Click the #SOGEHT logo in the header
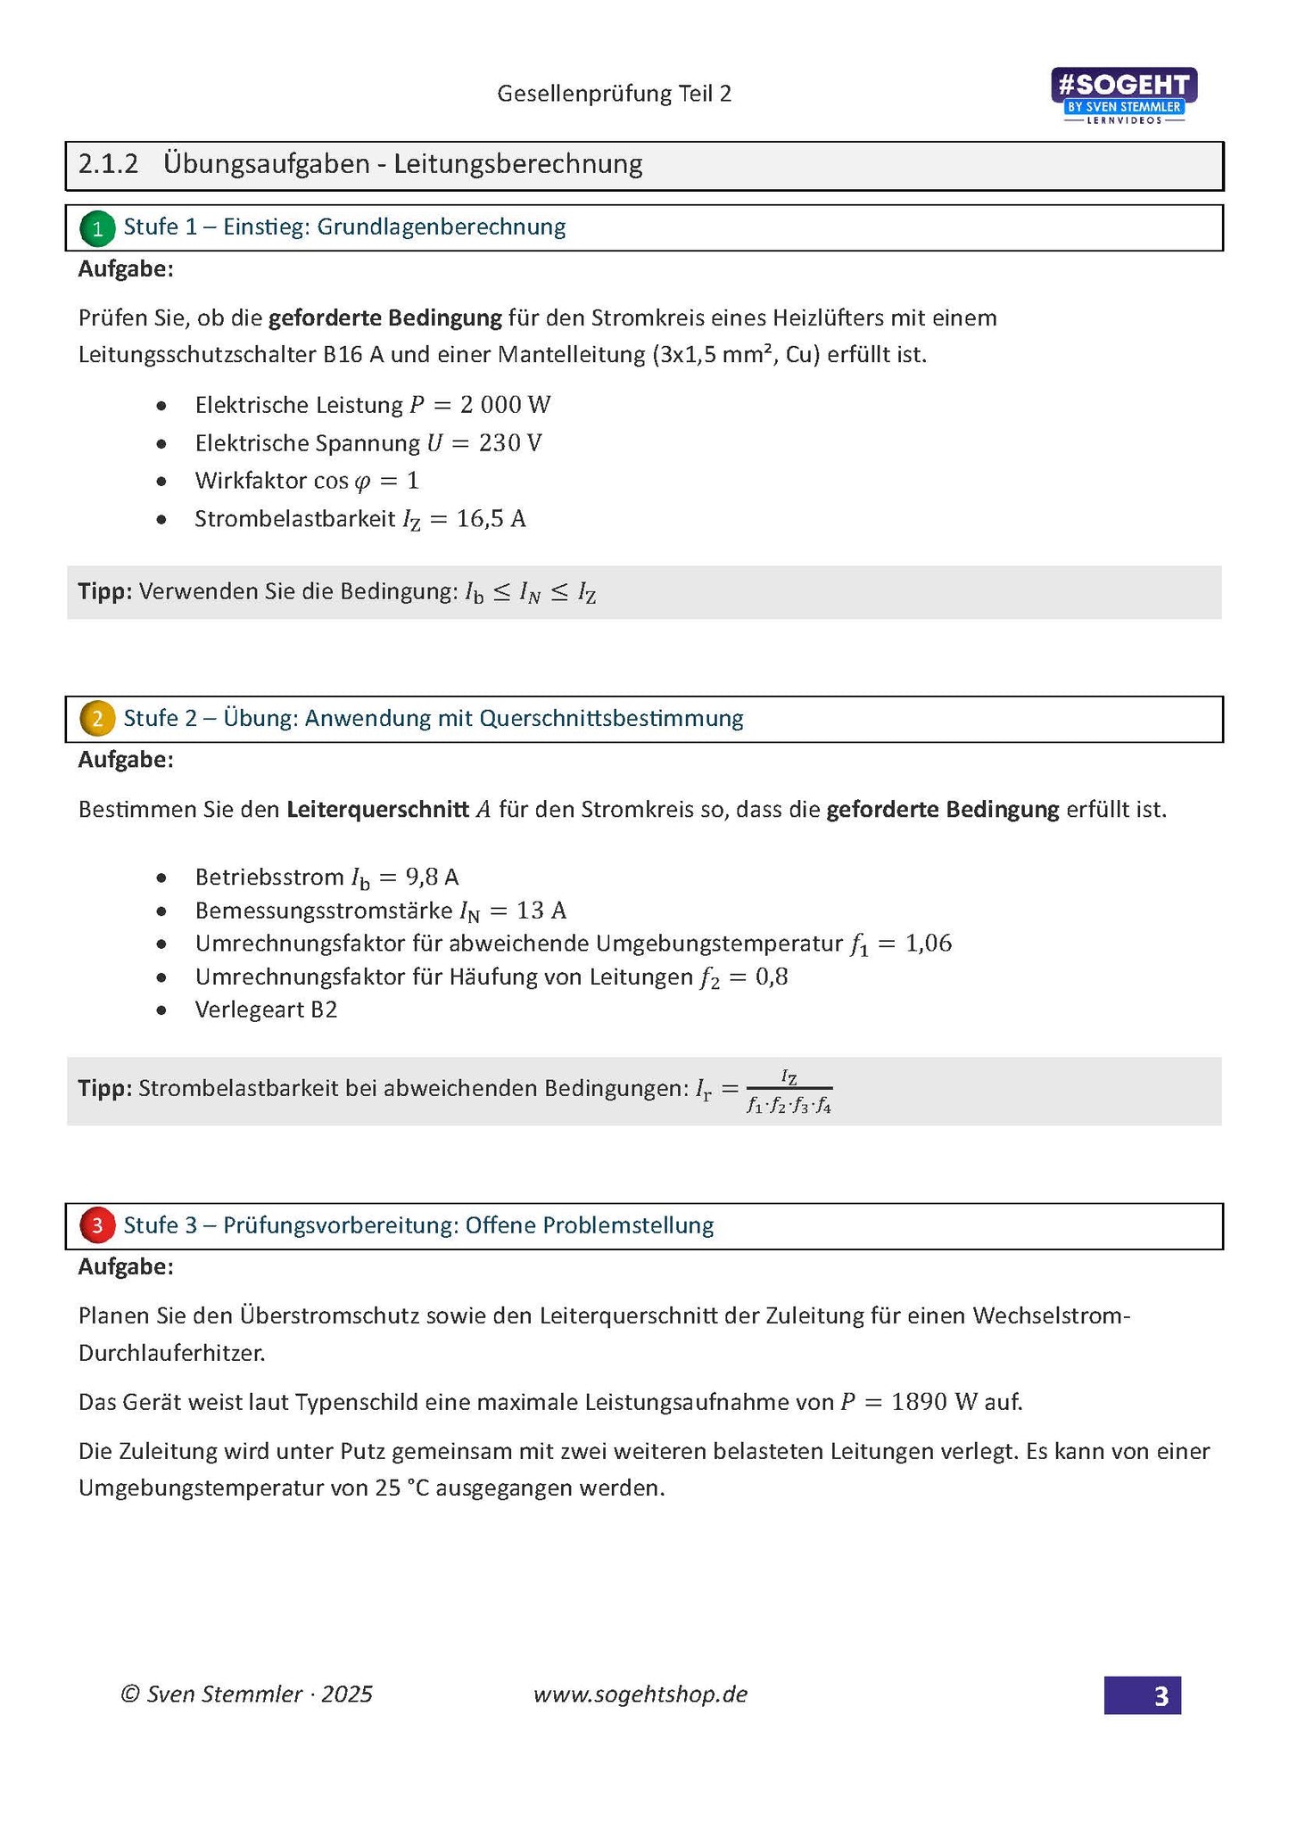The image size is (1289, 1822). point(1124,95)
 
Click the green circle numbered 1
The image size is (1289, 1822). point(96,228)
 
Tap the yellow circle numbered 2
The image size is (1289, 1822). point(96,719)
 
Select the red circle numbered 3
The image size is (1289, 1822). point(96,1225)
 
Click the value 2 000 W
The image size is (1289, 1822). point(505,405)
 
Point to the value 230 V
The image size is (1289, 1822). point(509,443)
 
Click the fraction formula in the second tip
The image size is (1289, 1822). point(789,1091)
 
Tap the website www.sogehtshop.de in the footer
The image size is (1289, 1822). point(640,1694)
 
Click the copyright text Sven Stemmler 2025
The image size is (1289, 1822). point(247,1694)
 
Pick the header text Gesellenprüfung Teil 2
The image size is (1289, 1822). point(614,94)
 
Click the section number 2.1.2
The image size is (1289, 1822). point(108,164)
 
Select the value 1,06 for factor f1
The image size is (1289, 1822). point(929,944)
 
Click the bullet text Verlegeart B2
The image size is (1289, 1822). point(266,1010)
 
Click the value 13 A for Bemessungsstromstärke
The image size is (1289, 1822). point(541,911)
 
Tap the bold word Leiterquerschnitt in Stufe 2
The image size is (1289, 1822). point(377,810)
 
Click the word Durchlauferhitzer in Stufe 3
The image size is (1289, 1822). point(171,1353)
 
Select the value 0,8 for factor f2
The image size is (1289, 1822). point(772,977)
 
